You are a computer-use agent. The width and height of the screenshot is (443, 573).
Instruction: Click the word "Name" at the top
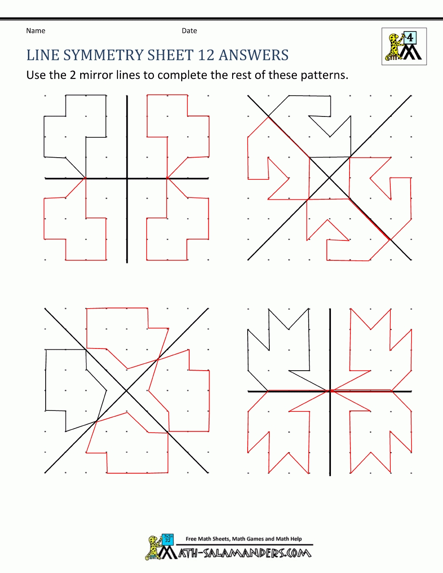(35, 31)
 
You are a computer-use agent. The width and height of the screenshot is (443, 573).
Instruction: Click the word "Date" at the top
(189, 31)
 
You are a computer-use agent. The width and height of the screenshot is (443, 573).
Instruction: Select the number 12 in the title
(206, 55)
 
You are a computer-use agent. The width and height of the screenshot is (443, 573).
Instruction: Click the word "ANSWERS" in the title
(254, 55)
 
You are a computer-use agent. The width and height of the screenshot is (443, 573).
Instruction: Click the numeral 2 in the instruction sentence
(73, 75)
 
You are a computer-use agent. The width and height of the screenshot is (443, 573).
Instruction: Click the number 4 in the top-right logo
(410, 38)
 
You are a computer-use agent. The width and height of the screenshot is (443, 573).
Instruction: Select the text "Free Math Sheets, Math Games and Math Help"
(244, 539)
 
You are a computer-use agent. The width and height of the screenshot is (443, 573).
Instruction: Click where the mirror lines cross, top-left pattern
(127, 178)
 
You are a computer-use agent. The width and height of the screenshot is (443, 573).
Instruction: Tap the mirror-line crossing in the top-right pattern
(329, 178)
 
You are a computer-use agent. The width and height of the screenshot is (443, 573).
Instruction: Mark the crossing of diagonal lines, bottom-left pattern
(127, 391)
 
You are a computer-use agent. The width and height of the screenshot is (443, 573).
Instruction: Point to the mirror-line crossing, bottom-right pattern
(330, 391)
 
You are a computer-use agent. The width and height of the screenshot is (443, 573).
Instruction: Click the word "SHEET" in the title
(171, 55)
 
